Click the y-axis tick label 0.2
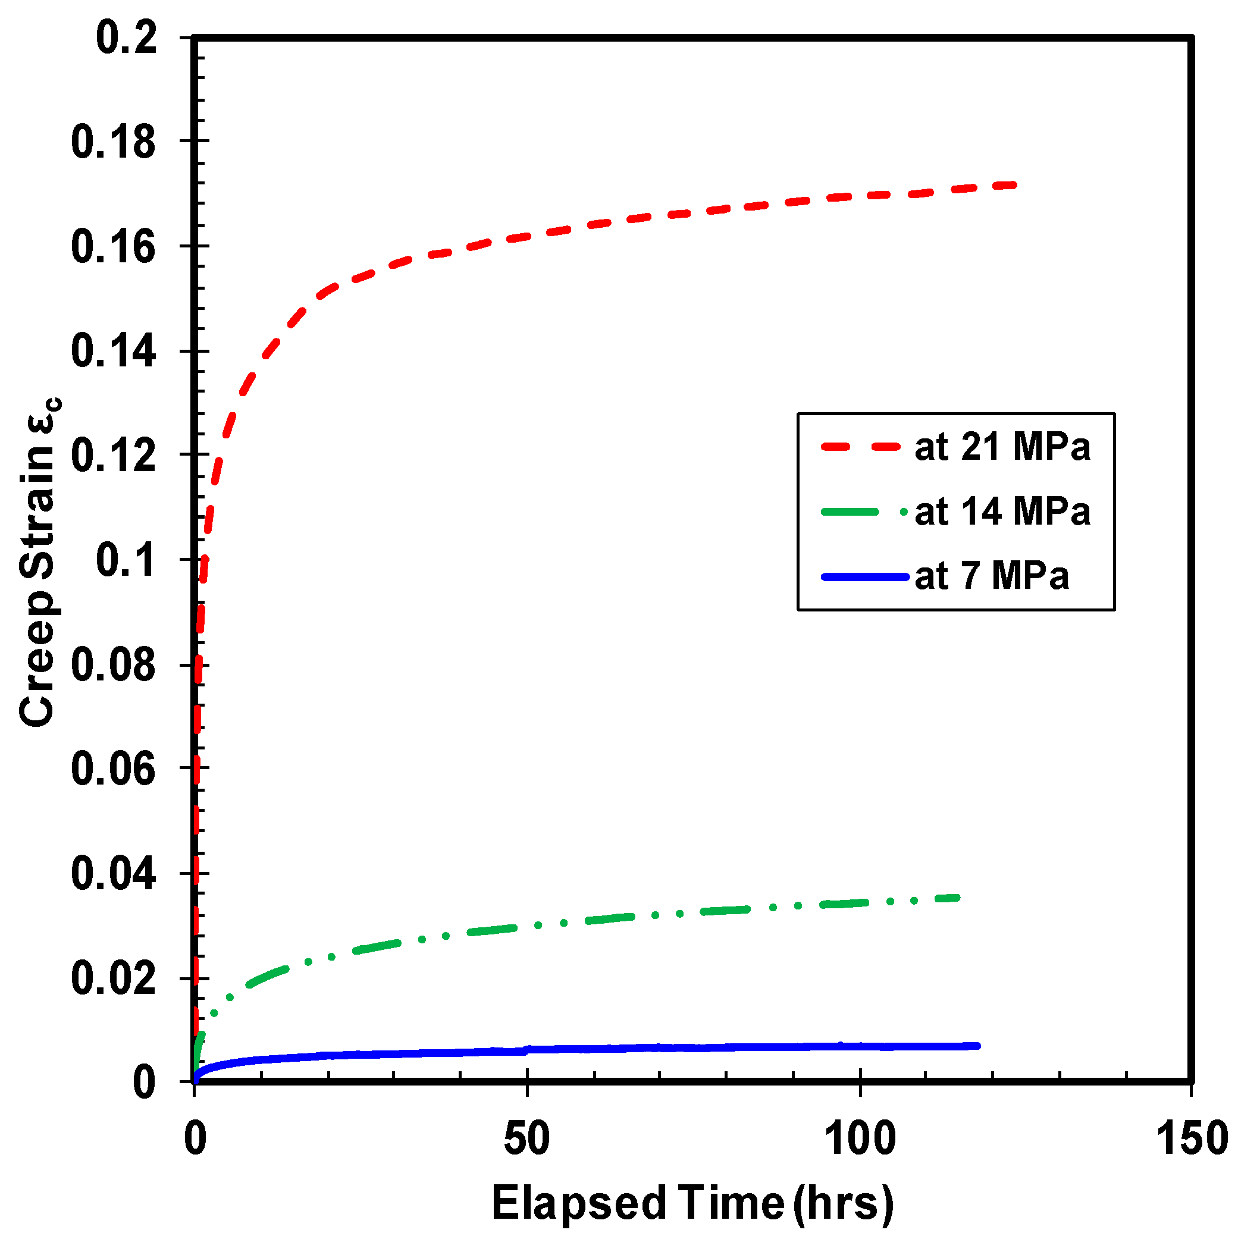(126, 38)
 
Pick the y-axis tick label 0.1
(126, 561)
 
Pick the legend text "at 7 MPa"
(991, 576)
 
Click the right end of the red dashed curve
(1015, 185)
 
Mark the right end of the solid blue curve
(979, 1046)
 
